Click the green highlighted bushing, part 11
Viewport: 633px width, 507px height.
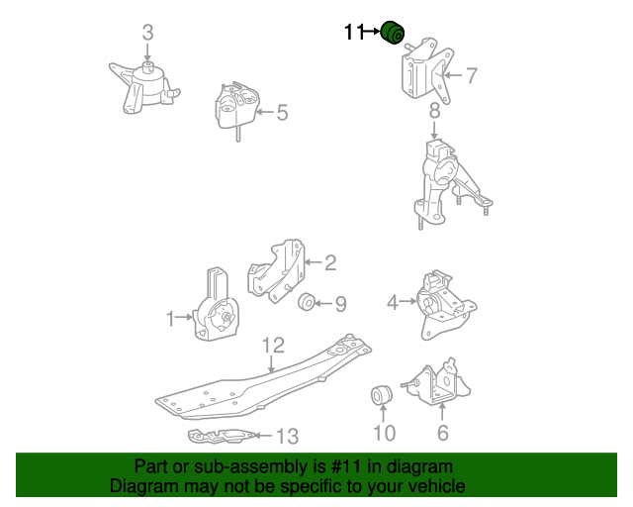point(393,33)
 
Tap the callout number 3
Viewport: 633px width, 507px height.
point(147,33)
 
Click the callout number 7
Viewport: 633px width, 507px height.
point(472,75)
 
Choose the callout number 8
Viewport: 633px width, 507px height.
point(434,110)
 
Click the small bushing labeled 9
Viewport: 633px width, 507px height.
point(307,302)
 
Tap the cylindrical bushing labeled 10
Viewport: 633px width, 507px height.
point(381,394)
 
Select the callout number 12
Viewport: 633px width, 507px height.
point(273,346)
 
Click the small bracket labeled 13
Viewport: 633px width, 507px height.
point(222,436)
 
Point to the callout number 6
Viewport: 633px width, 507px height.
point(443,433)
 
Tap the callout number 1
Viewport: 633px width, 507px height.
point(170,319)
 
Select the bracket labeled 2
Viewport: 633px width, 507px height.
point(276,270)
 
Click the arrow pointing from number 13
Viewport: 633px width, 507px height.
point(264,436)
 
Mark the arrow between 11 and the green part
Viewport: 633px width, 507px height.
point(372,31)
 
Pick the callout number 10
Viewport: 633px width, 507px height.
point(385,433)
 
